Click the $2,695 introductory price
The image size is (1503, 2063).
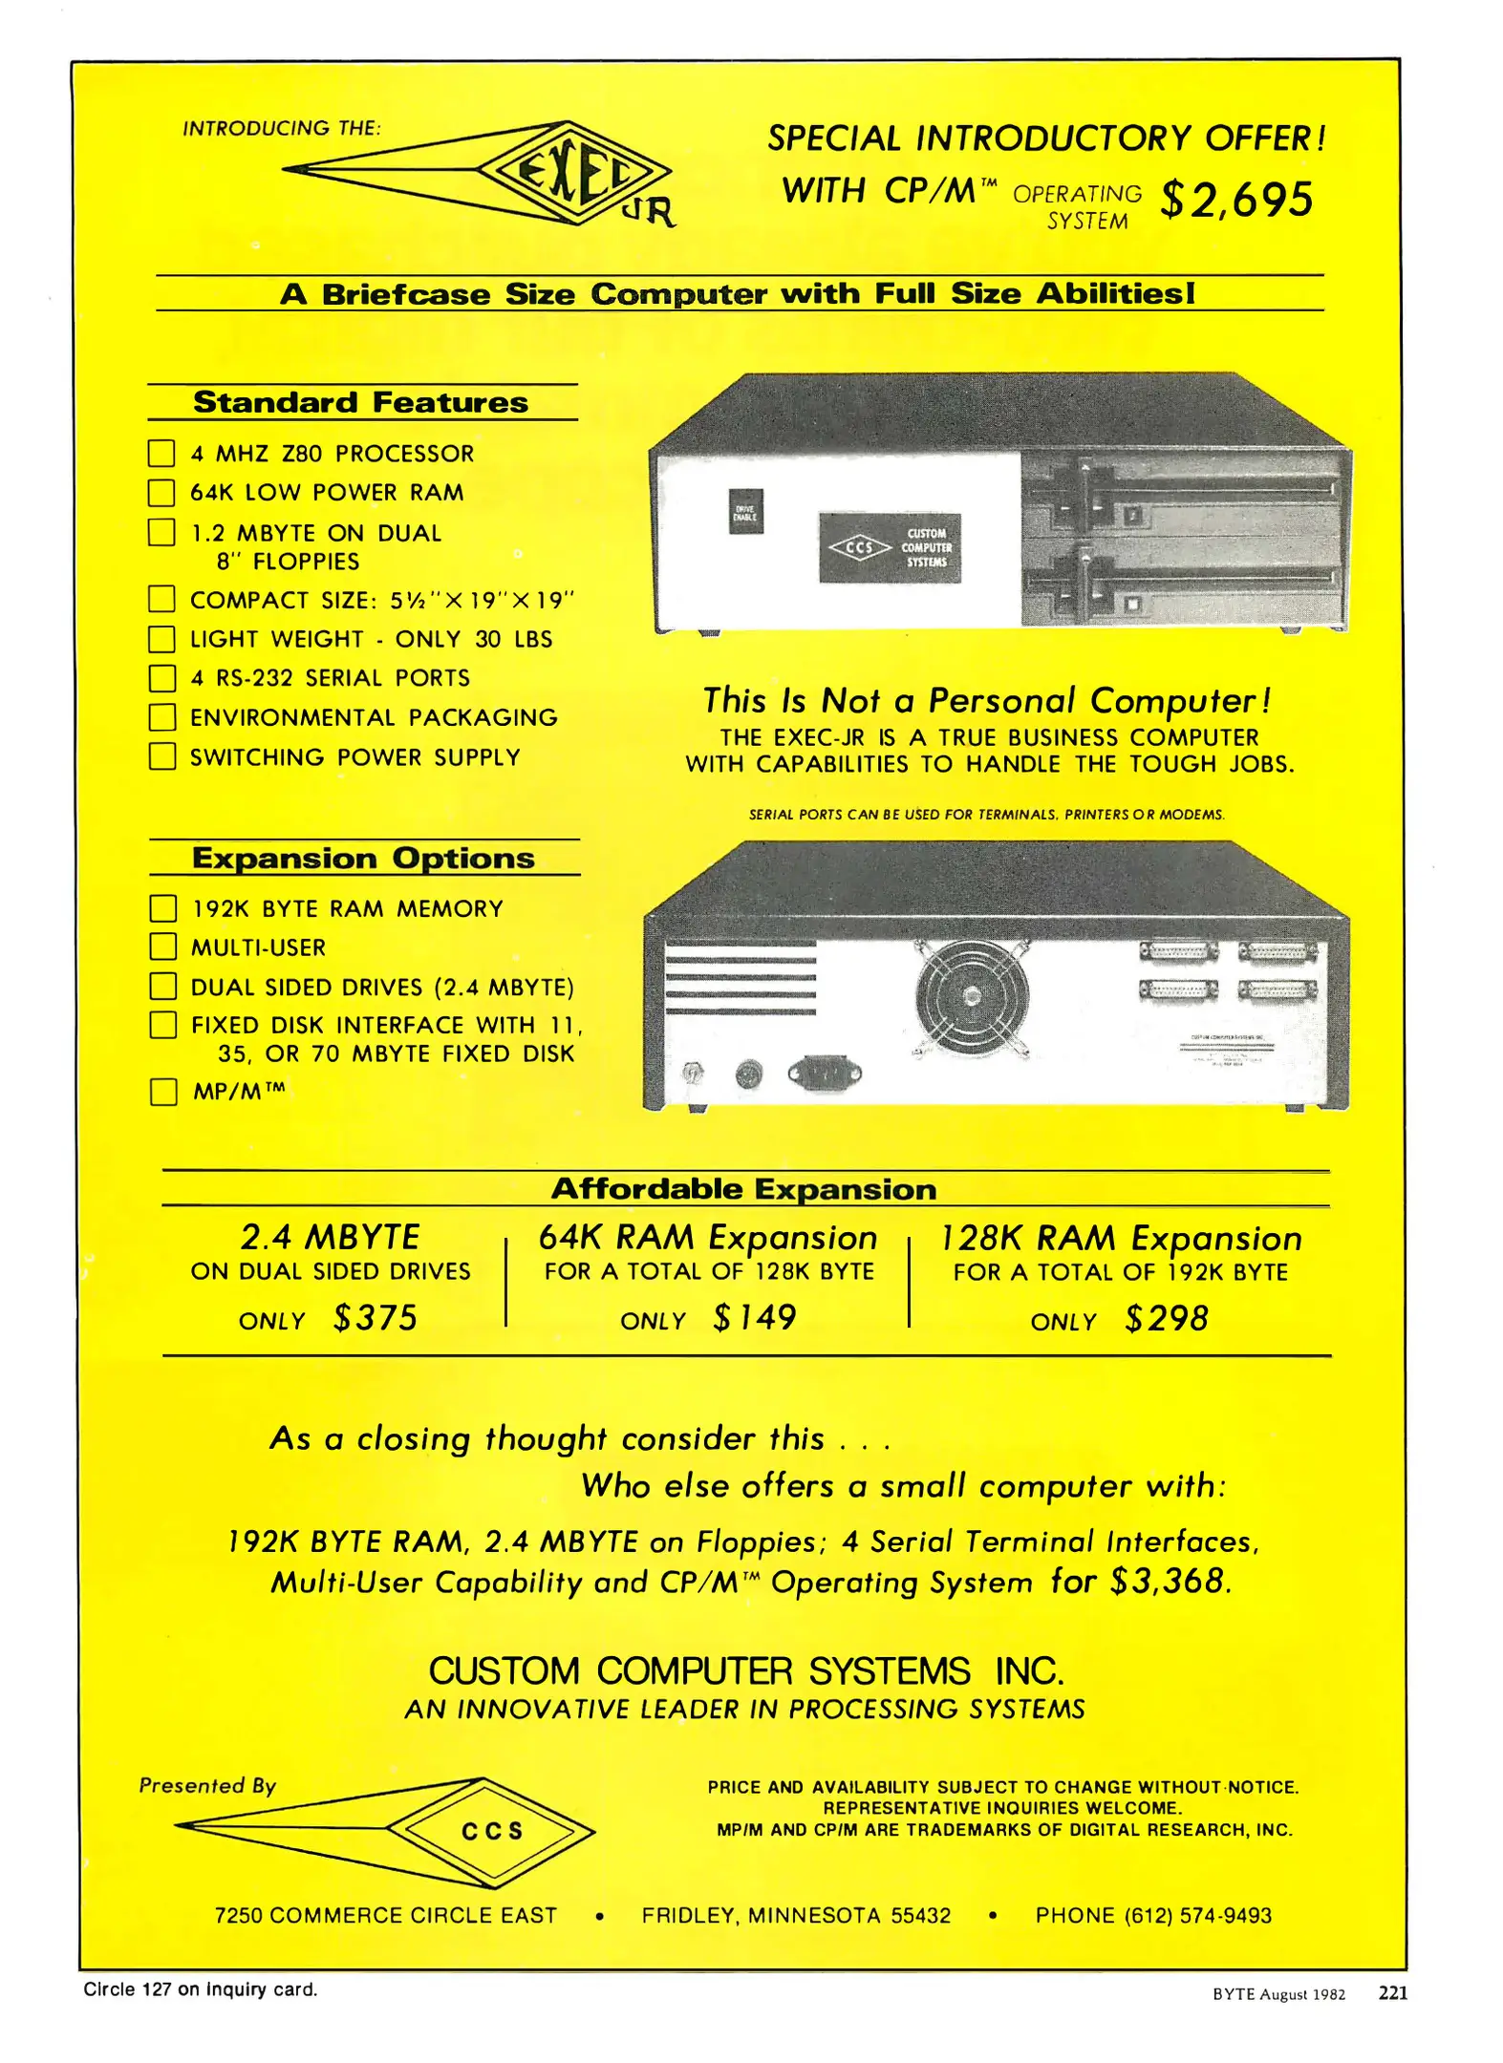pyautogui.click(x=1236, y=201)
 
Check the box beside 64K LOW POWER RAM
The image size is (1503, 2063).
pyautogui.click(x=161, y=493)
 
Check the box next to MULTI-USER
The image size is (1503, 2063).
pyautogui.click(x=163, y=946)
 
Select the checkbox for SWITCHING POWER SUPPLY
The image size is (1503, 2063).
pyautogui.click(x=162, y=756)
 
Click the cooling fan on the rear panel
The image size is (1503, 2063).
pyautogui.click(x=971, y=996)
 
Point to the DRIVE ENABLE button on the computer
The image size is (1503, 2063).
pyautogui.click(x=745, y=512)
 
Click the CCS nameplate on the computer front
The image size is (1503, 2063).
pyautogui.click(x=890, y=548)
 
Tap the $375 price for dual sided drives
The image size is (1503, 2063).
pyautogui.click(x=376, y=1319)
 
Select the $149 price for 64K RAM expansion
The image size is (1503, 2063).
pyautogui.click(x=755, y=1319)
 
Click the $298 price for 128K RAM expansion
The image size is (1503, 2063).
pyautogui.click(x=1167, y=1320)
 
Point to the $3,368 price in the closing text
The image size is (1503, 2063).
pyautogui.click(x=1167, y=1582)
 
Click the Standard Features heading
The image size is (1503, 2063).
pyautogui.click(x=360, y=402)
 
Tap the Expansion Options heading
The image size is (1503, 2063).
pyautogui.click(x=363, y=858)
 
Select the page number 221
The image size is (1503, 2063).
pyautogui.click(x=1392, y=1992)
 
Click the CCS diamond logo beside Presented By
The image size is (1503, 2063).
pyautogui.click(x=492, y=1831)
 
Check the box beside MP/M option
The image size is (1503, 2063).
pyautogui.click(x=163, y=1092)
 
